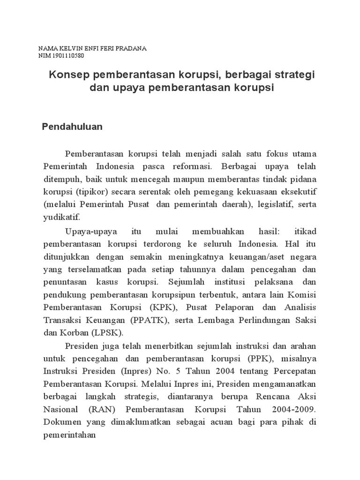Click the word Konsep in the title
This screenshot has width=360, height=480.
70,75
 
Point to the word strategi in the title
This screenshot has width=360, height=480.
295,75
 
